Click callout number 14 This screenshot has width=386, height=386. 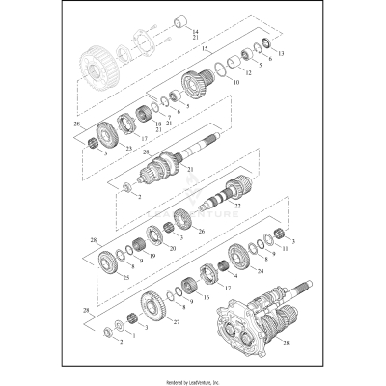click(x=198, y=32)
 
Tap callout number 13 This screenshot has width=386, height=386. click(x=281, y=52)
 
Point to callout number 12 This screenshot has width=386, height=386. click(x=248, y=72)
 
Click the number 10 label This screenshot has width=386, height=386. click(x=236, y=83)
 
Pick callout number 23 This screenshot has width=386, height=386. click(x=127, y=148)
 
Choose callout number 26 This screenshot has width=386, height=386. click(x=202, y=231)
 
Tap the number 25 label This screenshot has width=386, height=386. click(x=126, y=278)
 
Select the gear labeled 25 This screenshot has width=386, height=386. click(x=109, y=261)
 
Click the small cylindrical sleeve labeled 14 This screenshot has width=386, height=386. click(x=179, y=22)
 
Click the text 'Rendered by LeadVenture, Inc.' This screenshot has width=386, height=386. click(x=192, y=381)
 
